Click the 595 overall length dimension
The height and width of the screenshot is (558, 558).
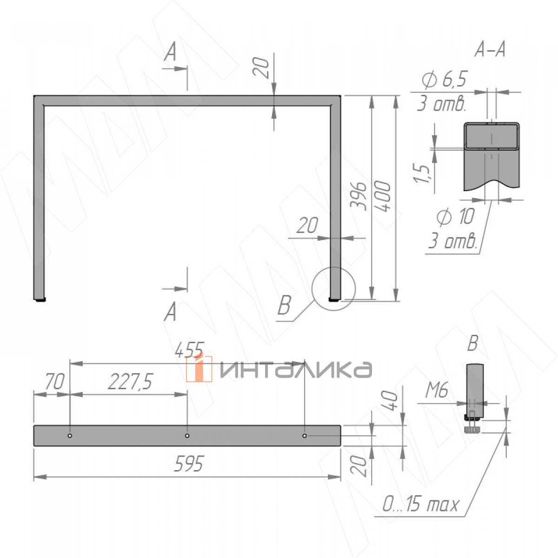(x=188, y=464)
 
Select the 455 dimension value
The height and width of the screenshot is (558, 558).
(x=189, y=350)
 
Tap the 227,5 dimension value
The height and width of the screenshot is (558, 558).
(x=130, y=382)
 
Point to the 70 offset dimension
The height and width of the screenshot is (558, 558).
(x=54, y=382)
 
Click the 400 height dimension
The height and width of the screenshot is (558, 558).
(x=385, y=198)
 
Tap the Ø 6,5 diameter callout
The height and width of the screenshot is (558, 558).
(x=444, y=80)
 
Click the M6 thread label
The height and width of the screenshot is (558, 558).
(x=437, y=392)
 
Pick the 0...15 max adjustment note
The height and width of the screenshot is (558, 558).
(x=420, y=504)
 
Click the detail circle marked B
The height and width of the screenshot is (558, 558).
(x=334, y=288)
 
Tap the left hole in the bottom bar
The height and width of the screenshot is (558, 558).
(x=70, y=436)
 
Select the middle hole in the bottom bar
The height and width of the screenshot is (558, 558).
(x=187, y=436)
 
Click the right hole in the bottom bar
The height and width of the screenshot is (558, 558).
(x=304, y=436)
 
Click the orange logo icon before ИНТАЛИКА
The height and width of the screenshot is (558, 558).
(x=199, y=368)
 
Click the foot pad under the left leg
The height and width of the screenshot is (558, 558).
(x=41, y=300)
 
